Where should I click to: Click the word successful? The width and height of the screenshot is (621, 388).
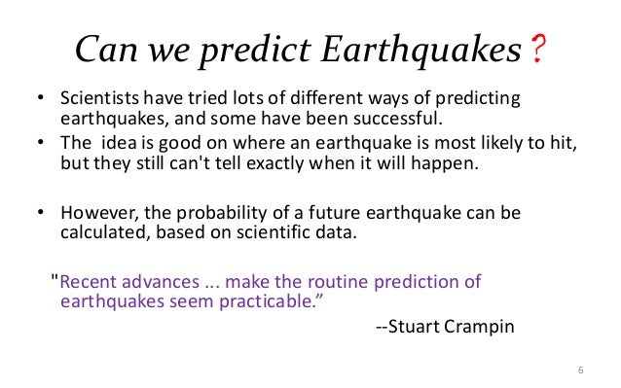[400, 120]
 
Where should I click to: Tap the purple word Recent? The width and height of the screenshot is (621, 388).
[88, 282]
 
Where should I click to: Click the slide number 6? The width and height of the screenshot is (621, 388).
[580, 370]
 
